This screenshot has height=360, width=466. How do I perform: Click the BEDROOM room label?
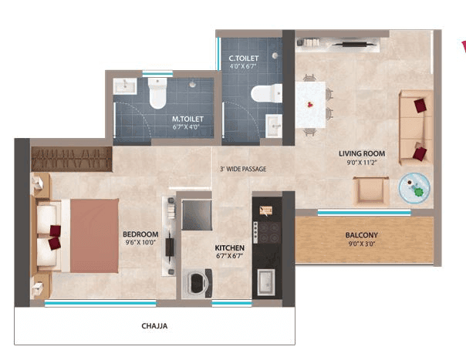click(140, 234)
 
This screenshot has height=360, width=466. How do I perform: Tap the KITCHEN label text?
click(229, 248)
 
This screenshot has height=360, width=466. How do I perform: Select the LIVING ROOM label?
click(361, 153)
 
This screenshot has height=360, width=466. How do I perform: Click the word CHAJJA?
click(155, 326)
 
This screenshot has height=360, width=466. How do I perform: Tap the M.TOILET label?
click(187, 119)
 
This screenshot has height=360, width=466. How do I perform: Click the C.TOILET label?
click(244, 59)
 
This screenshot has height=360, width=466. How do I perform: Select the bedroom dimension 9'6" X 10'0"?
click(140, 243)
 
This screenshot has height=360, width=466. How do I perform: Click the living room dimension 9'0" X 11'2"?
click(361, 163)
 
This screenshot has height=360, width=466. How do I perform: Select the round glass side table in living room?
click(415, 187)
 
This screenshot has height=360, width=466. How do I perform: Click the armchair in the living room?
click(370, 190)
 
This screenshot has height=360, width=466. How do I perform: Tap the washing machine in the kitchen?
click(196, 282)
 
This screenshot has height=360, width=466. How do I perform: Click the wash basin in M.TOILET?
click(123, 86)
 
